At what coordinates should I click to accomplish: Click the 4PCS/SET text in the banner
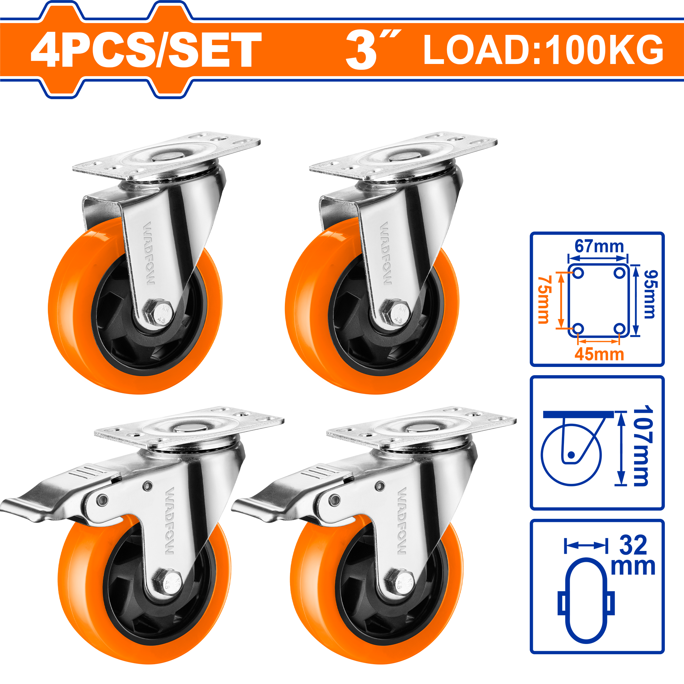point(146,50)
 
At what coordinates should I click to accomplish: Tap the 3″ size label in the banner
point(373,50)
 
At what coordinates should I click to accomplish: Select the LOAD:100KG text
point(543,50)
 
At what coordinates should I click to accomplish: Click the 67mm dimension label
point(599,246)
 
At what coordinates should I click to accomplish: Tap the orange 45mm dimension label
point(599,354)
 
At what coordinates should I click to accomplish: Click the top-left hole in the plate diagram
point(578,273)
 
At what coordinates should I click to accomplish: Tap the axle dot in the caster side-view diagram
point(571,455)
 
